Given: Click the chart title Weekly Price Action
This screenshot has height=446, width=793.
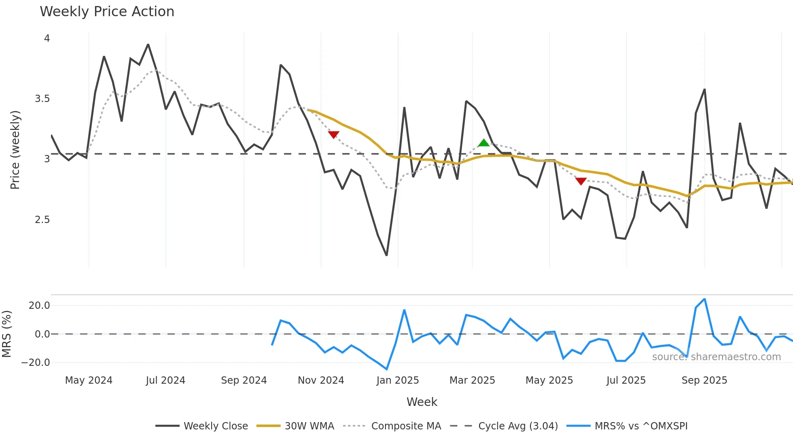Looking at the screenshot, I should pyautogui.click(x=107, y=12).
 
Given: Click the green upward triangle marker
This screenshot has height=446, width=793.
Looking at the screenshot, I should pyautogui.click(x=483, y=143).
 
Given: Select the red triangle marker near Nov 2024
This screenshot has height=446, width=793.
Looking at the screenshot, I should pyautogui.click(x=333, y=134).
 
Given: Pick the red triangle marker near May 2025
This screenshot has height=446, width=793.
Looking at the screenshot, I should pyautogui.click(x=581, y=181).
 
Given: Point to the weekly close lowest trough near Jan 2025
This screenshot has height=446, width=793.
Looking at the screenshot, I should pyautogui.click(x=387, y=255).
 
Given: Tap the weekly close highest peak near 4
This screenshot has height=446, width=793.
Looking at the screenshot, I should pyautogui.click(x=148, y=45).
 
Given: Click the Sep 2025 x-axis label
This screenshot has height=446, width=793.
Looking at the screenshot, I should pyautogui.click(x=704, y=380).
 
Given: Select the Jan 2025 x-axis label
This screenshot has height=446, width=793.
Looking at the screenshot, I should pyautogui.click(x=397, y=380).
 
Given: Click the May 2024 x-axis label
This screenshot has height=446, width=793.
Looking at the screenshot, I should pyautogui.click(x=89, y=380).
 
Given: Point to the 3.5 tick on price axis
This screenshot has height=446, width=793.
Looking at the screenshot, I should pyautogui.click(x=42, y=99).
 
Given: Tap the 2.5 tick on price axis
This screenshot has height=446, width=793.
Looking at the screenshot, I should pyautogui.click(x=42, y=220).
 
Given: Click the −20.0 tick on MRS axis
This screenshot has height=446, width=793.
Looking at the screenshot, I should pyautogui.click(x=36, y=363).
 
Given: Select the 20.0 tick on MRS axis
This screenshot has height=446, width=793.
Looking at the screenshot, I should pyautogui.click(x=39, y=306).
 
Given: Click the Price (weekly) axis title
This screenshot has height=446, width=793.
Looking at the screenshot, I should pyautogui.click(x=15, y=150).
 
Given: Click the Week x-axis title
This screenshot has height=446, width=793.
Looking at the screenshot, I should pyautogui.click(x=422, y=402).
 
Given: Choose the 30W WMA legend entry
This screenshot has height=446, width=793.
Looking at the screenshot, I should pyautogui.click(x=309, y=426).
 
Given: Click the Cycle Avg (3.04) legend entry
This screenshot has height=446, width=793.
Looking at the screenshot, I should pyautogui.click(x=518, y=426).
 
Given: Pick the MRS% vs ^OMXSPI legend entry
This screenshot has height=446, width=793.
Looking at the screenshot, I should pyautogui.click(x=641, y=426).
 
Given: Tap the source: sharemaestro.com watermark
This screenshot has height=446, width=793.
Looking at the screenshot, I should pyautogui.click(x=716, y=357).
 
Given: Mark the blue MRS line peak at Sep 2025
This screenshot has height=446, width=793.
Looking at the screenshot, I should pyautogui.click(x=704, y=299).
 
